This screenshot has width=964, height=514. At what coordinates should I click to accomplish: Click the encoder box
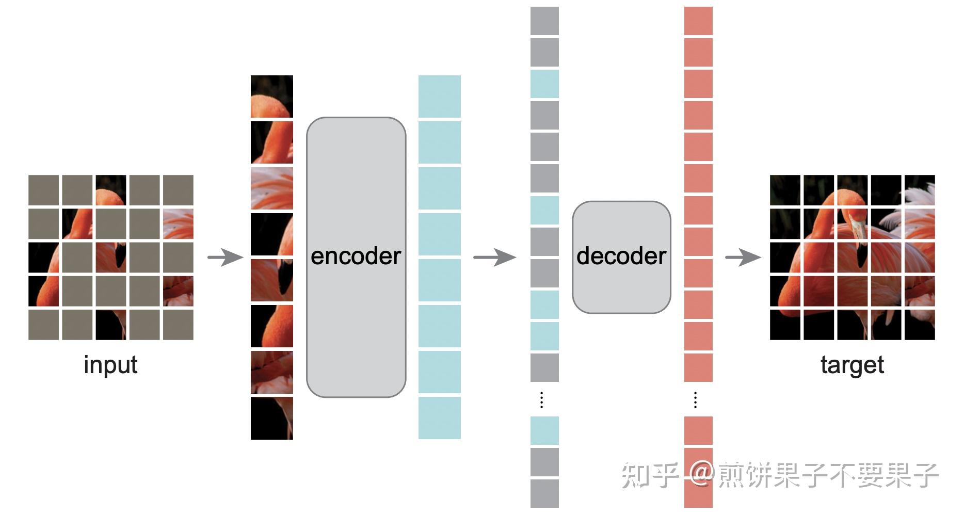(x=356, y=257)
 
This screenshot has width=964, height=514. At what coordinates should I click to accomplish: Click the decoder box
(x=621, y=257)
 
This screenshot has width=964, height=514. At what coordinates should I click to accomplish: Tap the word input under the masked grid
(x=110, y=365)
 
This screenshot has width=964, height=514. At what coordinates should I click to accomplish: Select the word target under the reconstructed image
(x=852, y=365)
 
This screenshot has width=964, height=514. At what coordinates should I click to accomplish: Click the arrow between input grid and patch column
(x=225, y=257)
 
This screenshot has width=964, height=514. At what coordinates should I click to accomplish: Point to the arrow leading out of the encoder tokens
(x=494, y=257)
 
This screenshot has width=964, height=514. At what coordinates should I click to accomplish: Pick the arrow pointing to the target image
(x=743, y=257)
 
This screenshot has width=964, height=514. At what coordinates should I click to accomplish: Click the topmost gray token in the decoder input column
(x=544, y=21)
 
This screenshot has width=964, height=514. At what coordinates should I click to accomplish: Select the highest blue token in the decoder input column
(x=544, y=84)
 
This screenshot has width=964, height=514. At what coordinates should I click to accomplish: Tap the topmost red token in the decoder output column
(x=698, y=21)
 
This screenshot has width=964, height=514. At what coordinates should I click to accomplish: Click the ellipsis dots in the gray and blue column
(x=541, y=400)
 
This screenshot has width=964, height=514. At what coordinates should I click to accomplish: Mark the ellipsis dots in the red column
(x=696, y=400)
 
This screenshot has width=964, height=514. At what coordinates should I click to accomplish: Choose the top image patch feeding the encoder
(x=272, y=97)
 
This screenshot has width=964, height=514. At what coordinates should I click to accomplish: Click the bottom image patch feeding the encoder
(x=272, y=418)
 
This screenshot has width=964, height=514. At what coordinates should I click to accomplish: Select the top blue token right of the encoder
(x=440, y=97)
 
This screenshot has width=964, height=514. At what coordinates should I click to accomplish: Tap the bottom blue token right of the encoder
(x=440, y=418)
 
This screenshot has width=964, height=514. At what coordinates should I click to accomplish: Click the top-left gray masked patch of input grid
(x=43, y=190)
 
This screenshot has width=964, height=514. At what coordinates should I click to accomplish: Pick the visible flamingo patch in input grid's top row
(x=110, y=190)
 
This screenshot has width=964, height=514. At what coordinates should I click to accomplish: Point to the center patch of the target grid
(x=852, y=257)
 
